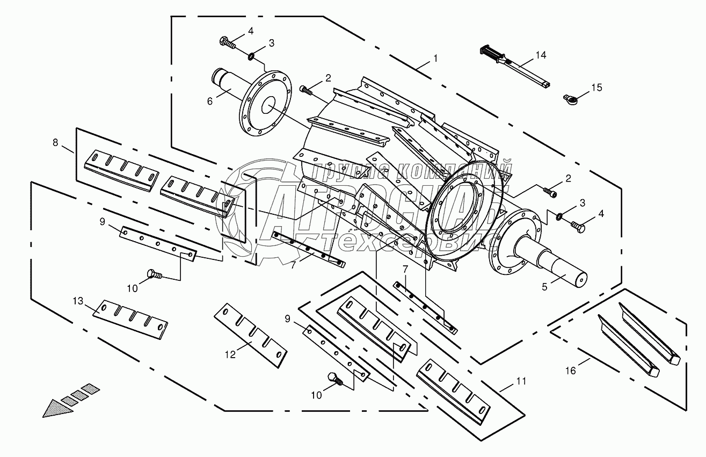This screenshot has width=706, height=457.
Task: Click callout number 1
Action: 435,57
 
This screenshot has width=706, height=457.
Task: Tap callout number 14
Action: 540,55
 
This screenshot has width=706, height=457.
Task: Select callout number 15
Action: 597,87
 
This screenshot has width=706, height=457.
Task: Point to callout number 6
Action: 210,100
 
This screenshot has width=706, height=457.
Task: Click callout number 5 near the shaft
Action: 544,287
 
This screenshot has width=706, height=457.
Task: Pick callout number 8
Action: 56,143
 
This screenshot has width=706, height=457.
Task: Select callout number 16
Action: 571,371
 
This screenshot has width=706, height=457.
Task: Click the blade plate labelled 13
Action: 130,320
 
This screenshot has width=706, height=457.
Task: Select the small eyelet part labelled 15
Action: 571,98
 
